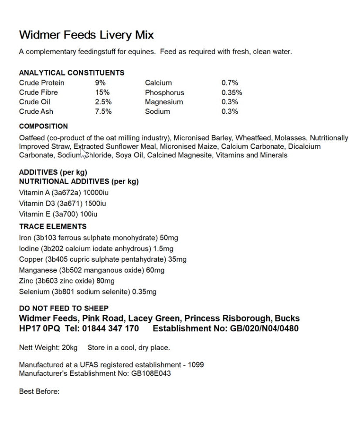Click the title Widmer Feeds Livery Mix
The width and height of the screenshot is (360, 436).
[x=86, y=35]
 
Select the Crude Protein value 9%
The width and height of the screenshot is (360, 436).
[x=100, y=83]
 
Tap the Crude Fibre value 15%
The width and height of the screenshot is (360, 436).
[x=102, y=92]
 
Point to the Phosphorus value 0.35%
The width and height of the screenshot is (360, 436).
[x=231, y=92]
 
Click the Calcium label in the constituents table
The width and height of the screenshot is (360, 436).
[x=158, y=83]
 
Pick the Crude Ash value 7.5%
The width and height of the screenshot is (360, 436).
[x=103, y=112]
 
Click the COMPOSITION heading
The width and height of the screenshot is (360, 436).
[x=43, y=126]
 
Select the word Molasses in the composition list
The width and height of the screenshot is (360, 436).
[x=290, y=138]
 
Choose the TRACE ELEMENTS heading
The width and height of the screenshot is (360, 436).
[x=53, y=227]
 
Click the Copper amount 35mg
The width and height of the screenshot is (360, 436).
[x=177, y=259]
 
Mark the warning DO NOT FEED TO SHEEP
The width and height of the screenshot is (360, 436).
[x=64, y=308]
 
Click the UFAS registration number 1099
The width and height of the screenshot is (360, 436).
[x=196, y=364]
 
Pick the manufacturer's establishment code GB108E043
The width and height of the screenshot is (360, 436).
[x=151, y=373]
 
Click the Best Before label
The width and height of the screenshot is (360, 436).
[x=39, y=392]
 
